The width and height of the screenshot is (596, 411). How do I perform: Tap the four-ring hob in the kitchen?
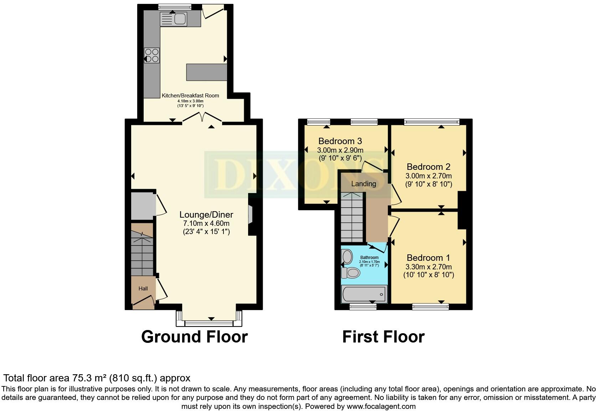click(x=152, y=55)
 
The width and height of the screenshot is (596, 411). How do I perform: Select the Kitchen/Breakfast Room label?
click(x=190, y=96)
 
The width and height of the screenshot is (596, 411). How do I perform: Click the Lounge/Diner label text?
click(x=206, y=214)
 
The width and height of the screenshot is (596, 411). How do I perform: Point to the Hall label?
click(x=143, y=289)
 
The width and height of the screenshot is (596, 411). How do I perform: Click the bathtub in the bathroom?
click(x=364, y=295)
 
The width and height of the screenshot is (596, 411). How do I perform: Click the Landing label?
click(x=364, y=184)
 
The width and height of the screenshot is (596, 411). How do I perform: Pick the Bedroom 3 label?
click(x=340, y=141)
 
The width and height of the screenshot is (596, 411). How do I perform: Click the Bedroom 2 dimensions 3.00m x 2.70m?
click(x=428, y=176)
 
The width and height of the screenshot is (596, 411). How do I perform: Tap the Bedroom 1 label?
click(x=428, y=258)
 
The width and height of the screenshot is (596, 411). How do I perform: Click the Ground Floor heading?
click(x=194, y=337)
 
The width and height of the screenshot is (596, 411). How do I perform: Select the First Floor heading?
click(x=383, y=337)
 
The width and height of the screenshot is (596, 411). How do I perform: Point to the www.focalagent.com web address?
click(x=381, y=406)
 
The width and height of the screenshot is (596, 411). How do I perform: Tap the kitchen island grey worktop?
click(x=206, y=72)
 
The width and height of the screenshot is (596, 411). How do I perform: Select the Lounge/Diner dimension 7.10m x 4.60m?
click(x=206, y=224)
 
